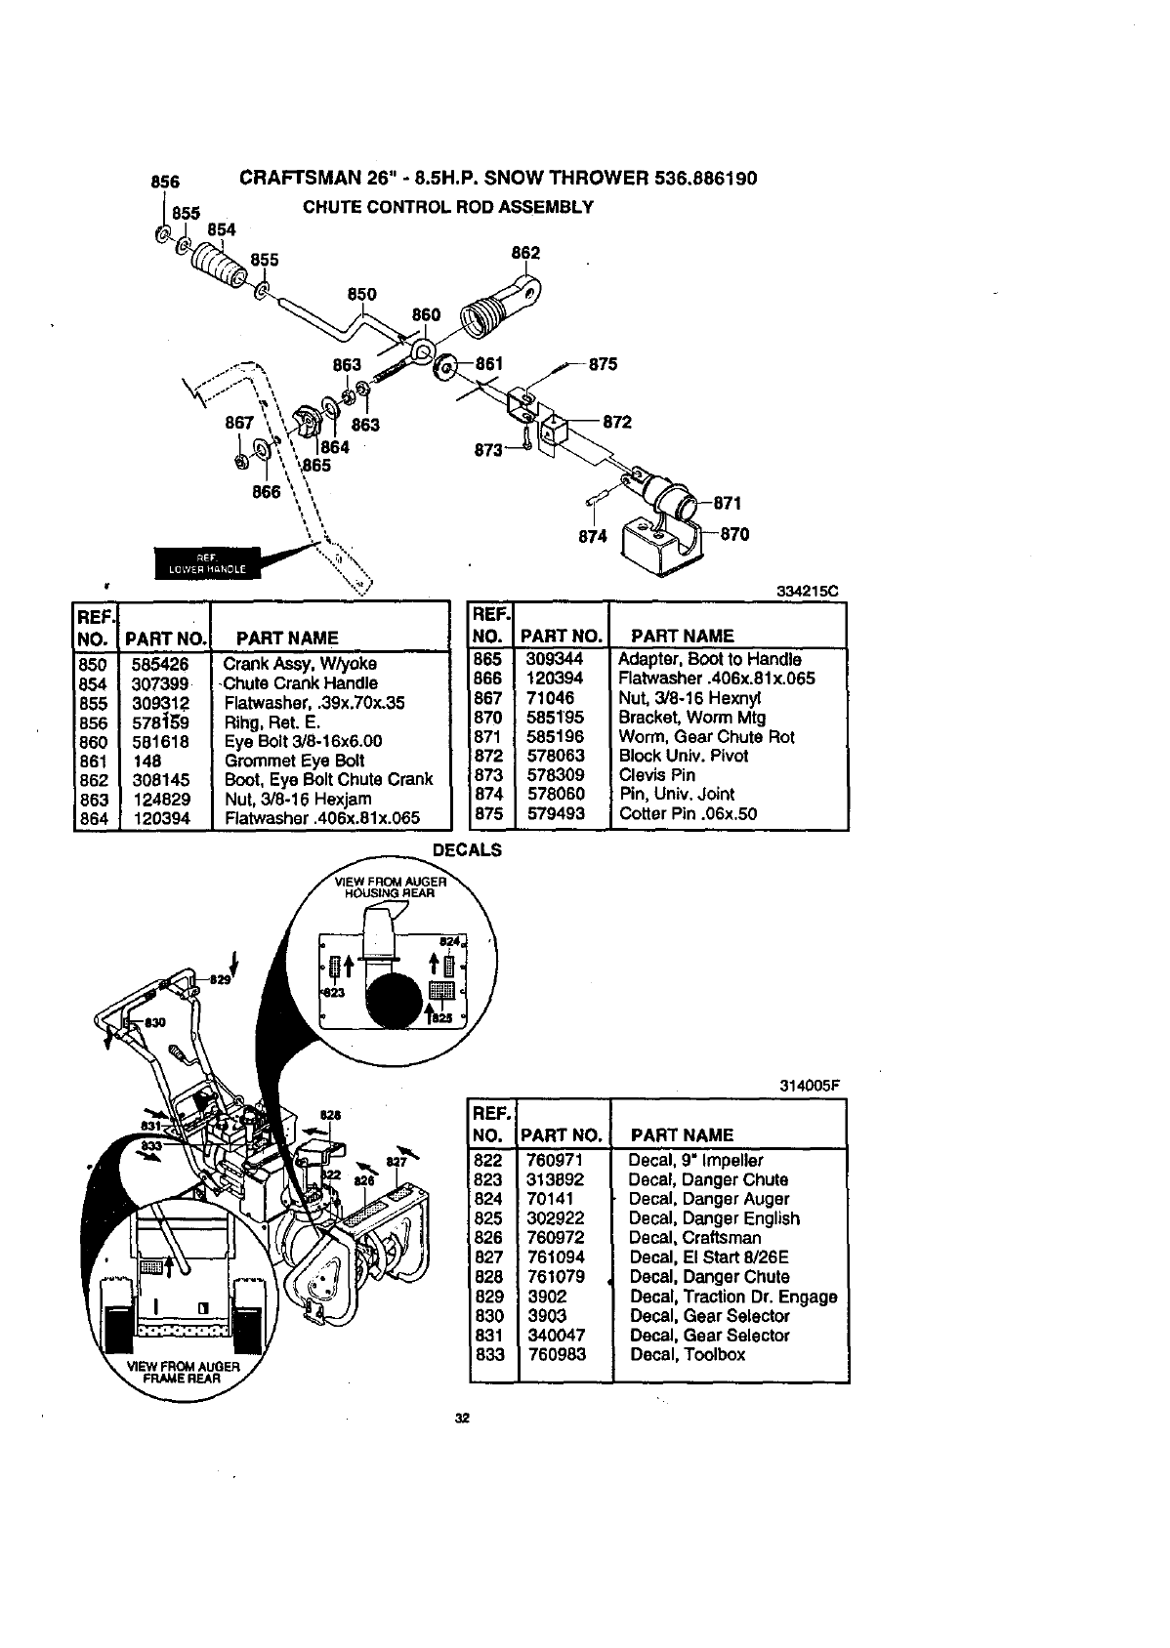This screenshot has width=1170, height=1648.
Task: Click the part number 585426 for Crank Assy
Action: (x=160, y=664)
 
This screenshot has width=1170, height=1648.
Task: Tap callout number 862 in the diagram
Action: (x=525, y=253)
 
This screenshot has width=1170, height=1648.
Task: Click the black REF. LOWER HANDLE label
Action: (x=208, y=563)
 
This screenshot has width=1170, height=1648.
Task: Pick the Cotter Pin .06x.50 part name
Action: (x=688, y=813)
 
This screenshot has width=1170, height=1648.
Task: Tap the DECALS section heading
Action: (x=467, y=849)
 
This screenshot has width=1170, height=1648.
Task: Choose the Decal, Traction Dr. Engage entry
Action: (x=732, y=1297)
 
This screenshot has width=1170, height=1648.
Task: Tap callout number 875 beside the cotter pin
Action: (x=604, y=364)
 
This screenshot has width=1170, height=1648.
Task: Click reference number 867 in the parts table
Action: (x=487, y=698)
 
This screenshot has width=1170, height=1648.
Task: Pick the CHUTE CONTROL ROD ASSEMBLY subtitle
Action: (x=447, y=207)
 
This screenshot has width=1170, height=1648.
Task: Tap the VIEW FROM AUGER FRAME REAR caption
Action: (x=184, y=1372)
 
